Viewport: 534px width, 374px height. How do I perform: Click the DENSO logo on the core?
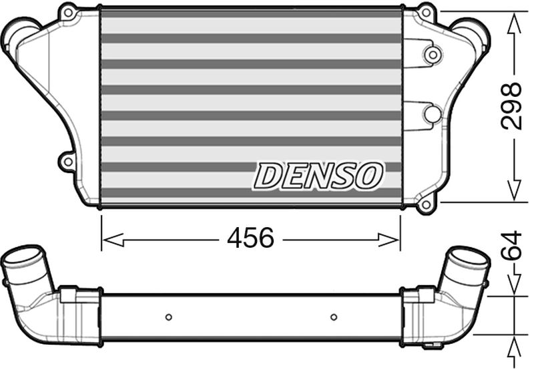pos(318,176)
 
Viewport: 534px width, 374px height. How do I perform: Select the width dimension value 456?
pos(251,238)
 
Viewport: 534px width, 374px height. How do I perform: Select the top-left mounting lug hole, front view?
pos(67,12)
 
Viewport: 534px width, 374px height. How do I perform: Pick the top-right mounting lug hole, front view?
pos(425,12)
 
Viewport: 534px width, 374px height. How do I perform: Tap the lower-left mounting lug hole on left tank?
pos(67,160)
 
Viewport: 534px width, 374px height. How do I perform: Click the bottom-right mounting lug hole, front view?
pos(425,203)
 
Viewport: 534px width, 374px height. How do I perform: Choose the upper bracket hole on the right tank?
pos(433,54)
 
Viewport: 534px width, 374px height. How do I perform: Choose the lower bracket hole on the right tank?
pos(433,114)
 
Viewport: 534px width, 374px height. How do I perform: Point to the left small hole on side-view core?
pos(168,317)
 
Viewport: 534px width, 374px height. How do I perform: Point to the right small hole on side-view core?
pos(334,317)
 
